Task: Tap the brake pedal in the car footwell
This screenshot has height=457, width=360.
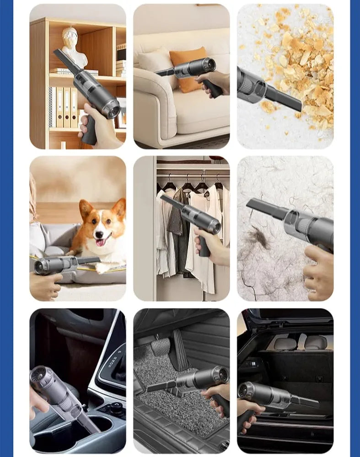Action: [161, 345]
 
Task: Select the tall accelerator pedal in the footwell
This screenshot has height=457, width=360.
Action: [179, 349]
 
